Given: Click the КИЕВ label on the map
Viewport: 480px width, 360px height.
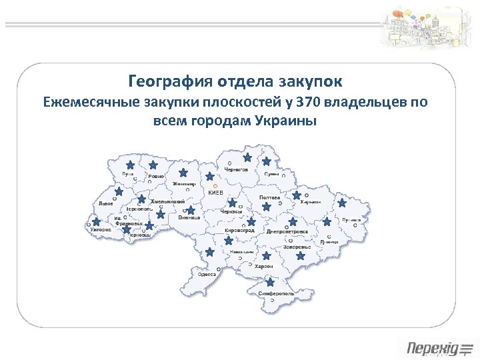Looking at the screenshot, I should point(217,192).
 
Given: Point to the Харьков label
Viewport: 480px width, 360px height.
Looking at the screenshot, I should point(311,202).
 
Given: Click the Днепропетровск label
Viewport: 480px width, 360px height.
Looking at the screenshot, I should point(287,231).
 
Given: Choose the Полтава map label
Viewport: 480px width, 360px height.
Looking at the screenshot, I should point(269,197).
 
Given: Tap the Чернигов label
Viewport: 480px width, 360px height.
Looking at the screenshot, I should point(236,170).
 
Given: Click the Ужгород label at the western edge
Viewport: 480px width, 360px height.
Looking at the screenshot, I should point(98,229).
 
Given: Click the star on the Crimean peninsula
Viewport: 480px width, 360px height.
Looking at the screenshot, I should point(270,282).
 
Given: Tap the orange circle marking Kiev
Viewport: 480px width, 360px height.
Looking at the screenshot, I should point(215,186).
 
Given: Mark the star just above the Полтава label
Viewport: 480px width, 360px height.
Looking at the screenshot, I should point(266,207).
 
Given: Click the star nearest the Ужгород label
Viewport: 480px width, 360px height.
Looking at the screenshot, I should point(97,221).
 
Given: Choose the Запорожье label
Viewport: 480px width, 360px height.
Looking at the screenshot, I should point(297,247).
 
